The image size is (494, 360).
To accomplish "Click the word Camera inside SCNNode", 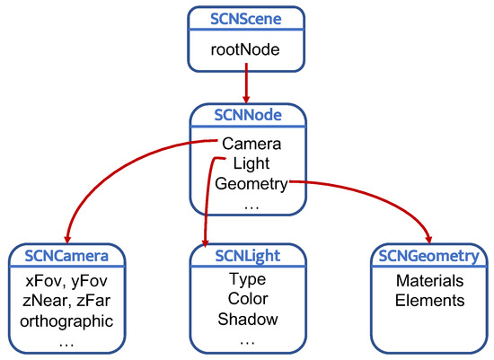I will pyautogui.click(x=251, y=145).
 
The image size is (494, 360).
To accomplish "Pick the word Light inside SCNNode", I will pyautogui.click(x=251, y=163).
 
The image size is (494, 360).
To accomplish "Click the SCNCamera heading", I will pyautogui.click(x=67, y=257).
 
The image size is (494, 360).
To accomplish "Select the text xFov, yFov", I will pyautogui.click(x=67, y=282).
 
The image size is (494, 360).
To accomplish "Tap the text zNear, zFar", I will pyautogui.click(x=67, y=302).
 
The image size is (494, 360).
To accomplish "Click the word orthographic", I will pyautogui.click(x=67, y=321).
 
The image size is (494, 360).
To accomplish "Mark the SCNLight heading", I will pyautogui.click(x=246, y=257).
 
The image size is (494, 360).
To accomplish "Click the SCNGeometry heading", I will pyautogui.click(x=429, y=257).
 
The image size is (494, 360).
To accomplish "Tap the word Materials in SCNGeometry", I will pyautogui.click(x=429, y=281).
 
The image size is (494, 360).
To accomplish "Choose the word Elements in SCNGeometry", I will pyautogui.click(x=429, y=301).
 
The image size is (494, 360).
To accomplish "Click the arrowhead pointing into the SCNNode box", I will pyautogui.click(x=246, y=96).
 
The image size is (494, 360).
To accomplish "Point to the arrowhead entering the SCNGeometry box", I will pyautogui.click(x=428, y=238).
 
